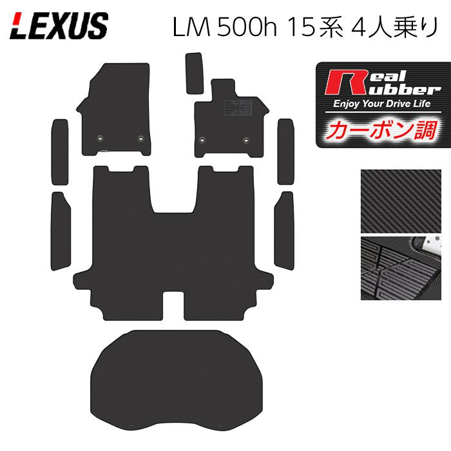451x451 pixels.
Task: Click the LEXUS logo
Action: point(59,26)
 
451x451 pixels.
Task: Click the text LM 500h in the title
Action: point(224,28)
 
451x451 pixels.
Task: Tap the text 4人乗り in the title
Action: point(394,27)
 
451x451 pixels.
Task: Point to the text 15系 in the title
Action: point(316,28)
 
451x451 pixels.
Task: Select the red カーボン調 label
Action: point(382,131)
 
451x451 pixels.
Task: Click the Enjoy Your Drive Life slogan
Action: point(381,104)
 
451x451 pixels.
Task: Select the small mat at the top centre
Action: point(194,73)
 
